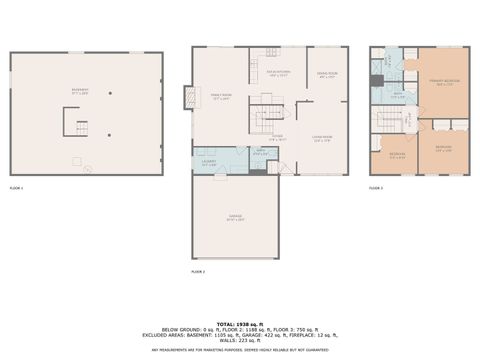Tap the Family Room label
[221, 97]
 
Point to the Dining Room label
[326, 75]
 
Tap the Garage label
[236, 219]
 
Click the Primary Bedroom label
[443, 82]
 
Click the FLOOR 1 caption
[16, 188]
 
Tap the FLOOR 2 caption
[198, 271]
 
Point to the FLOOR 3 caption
[376, 188]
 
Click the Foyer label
[278, 137]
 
